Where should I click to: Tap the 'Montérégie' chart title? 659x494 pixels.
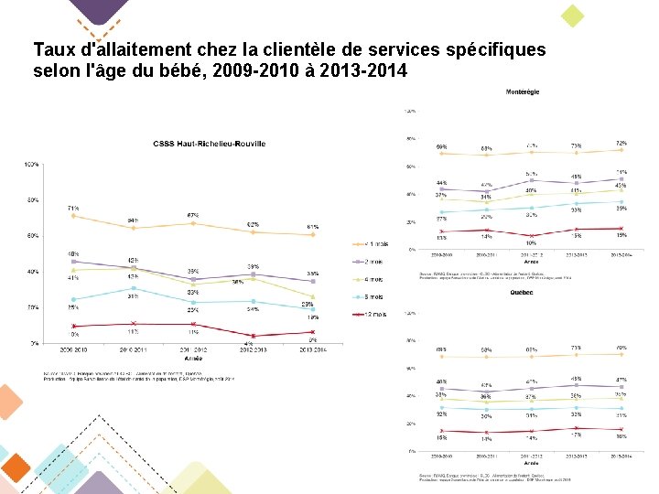coord(522,91)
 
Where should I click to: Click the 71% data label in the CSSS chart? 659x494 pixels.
coord(72,209)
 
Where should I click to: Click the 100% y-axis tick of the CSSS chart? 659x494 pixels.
coord(31,165)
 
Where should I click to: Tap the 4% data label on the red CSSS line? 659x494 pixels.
coord(249,344)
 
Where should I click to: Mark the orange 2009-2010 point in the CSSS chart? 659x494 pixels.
coord(73,216)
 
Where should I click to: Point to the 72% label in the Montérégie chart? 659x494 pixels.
coord(621,144)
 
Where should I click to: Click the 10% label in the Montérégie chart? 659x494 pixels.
coord(531,243)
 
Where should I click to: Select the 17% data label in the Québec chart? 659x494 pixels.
coord(577,434)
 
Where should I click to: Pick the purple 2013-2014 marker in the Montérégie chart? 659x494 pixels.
coord(621,179)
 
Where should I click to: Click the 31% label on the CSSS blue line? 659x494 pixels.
coord(134,296)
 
